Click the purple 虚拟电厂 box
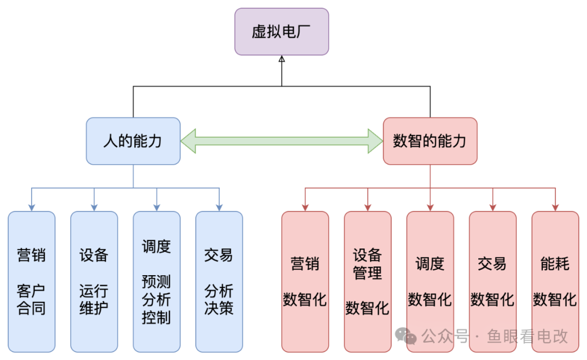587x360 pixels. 282,32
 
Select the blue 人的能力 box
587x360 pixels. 133,141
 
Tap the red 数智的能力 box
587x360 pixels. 430,141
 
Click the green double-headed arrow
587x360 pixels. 282,141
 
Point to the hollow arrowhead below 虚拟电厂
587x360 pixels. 282,59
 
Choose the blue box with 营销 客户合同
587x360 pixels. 32,282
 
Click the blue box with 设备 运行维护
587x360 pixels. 94,282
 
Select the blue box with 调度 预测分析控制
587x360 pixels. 157,282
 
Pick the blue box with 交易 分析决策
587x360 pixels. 219,282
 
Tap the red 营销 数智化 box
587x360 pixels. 305,282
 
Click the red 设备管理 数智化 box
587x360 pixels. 367,282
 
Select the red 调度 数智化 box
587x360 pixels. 430,282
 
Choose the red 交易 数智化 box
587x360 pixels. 492,282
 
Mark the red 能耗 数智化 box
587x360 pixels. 555,282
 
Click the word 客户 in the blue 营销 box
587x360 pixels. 32,291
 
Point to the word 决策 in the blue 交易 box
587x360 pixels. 219,308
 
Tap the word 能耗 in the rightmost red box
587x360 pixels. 555,264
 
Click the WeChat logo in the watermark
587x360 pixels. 406,336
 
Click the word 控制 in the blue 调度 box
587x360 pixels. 157,317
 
